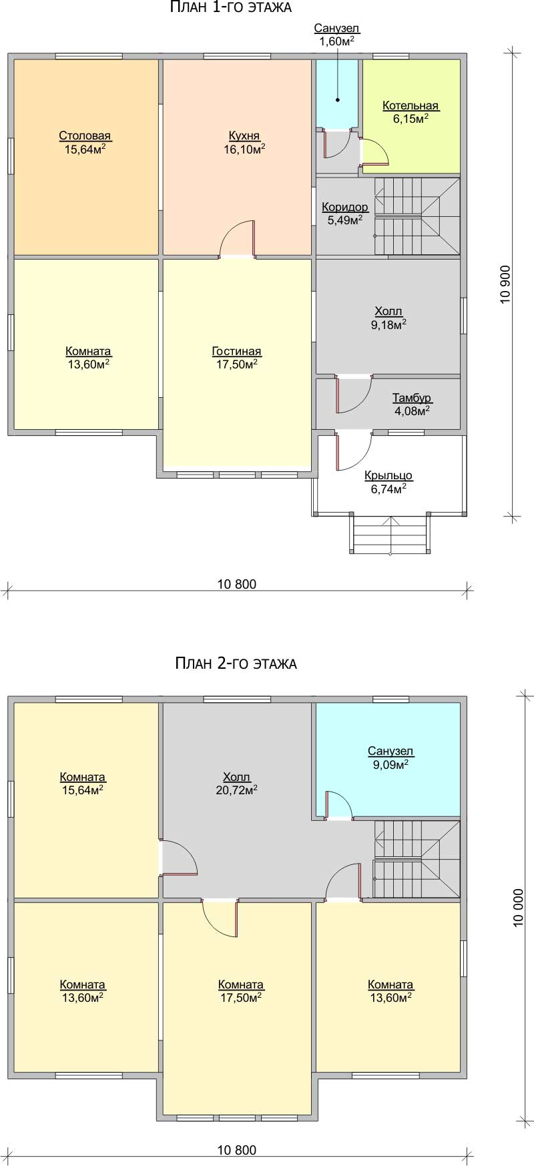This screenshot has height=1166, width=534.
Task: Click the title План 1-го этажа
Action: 230,7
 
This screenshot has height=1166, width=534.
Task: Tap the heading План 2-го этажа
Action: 236,663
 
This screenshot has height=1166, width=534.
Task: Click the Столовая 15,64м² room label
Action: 85,142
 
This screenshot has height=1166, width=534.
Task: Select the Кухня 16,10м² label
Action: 244,142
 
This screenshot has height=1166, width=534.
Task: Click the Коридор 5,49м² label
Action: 345,214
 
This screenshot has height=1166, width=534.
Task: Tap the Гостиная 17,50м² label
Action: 236,358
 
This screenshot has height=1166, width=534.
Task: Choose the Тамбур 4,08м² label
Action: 412,404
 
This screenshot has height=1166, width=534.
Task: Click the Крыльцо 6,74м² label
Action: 388,482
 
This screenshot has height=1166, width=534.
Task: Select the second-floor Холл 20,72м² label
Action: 237,783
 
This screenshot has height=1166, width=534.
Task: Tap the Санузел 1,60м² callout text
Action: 337,35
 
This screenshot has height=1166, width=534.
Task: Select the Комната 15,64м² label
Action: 83,783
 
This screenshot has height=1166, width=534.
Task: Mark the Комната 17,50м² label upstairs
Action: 241,990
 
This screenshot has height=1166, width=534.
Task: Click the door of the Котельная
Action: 374,152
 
